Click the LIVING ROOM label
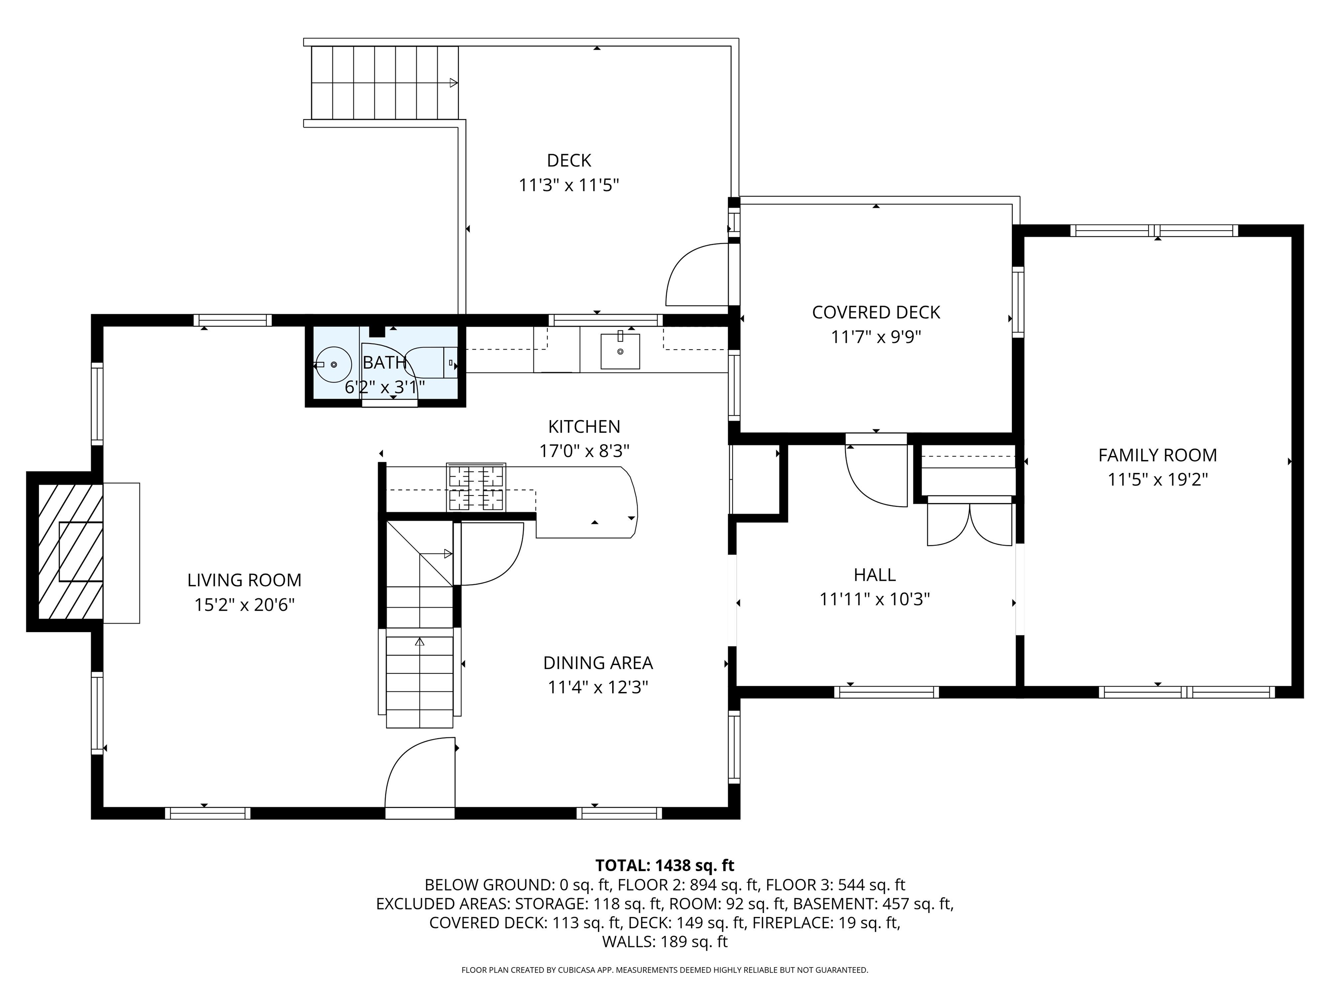244,580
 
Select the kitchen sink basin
620,351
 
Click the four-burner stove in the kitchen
476,487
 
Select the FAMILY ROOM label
1157,455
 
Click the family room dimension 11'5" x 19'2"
1157,479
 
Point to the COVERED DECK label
876,312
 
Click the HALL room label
875,575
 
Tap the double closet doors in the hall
970,521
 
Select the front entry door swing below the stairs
420,778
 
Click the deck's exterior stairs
385,82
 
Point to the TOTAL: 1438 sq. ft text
665,865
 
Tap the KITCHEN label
584,426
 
